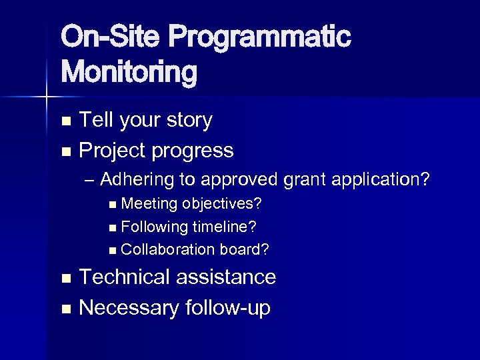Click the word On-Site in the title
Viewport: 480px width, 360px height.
pyautogui.click(x=109, y=37)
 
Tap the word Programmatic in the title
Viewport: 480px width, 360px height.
pyautogui.click(x=259, y=37)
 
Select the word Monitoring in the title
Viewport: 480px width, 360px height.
pyautogui.click(x=129, y=72)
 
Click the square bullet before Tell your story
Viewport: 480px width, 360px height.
pyautogui.click(x=65, y=121)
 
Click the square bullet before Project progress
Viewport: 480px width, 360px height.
pyautogui.click(x=65, y=152)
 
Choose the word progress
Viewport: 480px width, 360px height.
pyautogui.click(x=192, y=151)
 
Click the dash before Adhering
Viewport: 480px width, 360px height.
pyautogui.click(x=91, y=180)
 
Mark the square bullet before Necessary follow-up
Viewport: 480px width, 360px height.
pyautogui.click(x=65, y=309)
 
